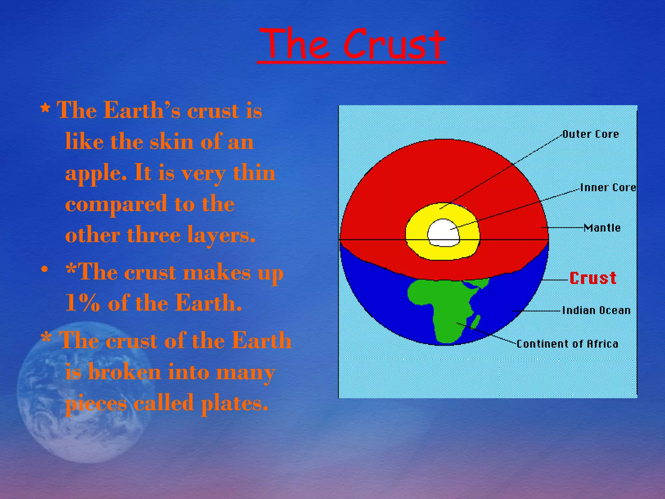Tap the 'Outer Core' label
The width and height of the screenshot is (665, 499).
(x=590, y=134)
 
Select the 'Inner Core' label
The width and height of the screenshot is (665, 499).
(x=608, y=187)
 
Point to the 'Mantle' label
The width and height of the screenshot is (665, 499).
(x=602, y=228)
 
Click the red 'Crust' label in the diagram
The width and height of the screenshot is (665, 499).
(x=593, y=278)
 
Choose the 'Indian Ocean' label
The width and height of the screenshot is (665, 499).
(x=596, y=310)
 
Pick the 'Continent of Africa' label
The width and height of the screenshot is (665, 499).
(x=567, y=344)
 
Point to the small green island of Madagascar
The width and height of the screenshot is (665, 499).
(x=476, y=322)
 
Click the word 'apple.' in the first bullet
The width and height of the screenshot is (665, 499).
(x=96, y=173)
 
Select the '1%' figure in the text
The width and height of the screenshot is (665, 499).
(x=82, y=303)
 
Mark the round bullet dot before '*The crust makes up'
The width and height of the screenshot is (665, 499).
(x=45, y=269)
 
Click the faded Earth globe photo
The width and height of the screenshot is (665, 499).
(x=81, y=390)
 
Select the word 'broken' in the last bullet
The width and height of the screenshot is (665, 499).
(x=124, y=372)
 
